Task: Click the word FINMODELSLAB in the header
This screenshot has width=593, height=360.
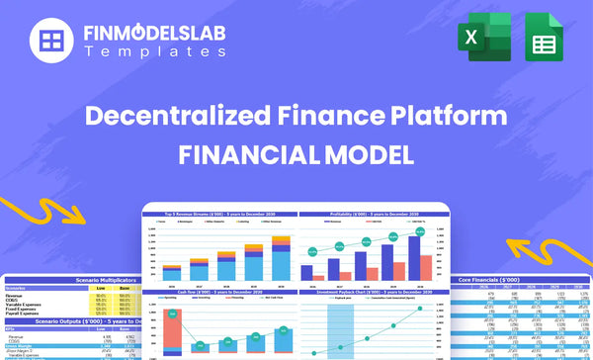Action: (x=154, y=35)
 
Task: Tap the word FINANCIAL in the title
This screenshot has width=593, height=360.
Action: (x=245, y=155)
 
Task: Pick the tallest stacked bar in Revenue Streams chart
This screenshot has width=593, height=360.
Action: (x=280, y=259)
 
